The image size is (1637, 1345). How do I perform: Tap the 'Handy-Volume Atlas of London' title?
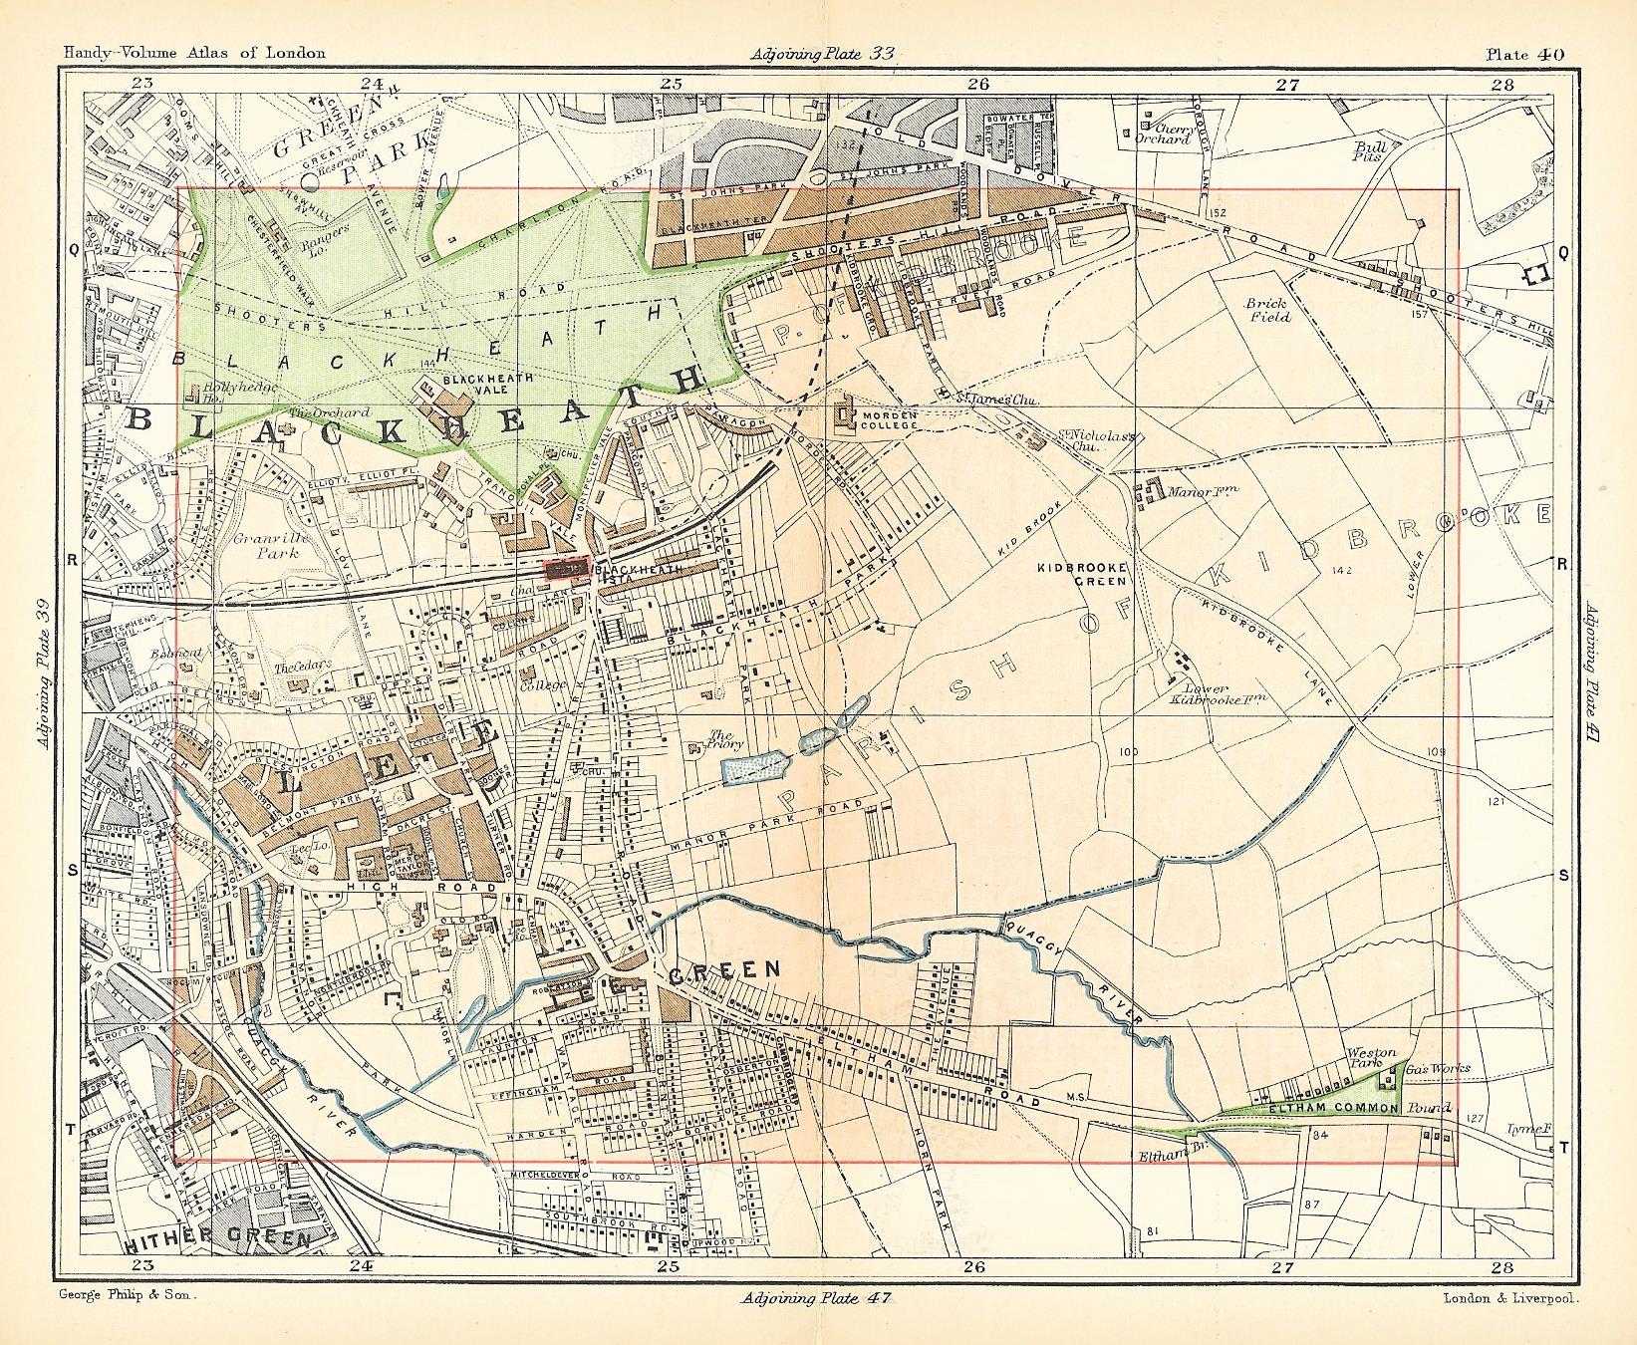(193, 54)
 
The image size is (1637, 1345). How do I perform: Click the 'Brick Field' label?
(1266, 310)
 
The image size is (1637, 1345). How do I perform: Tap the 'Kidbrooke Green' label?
(1081, 573)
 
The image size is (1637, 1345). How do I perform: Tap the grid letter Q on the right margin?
(1563, 253)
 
